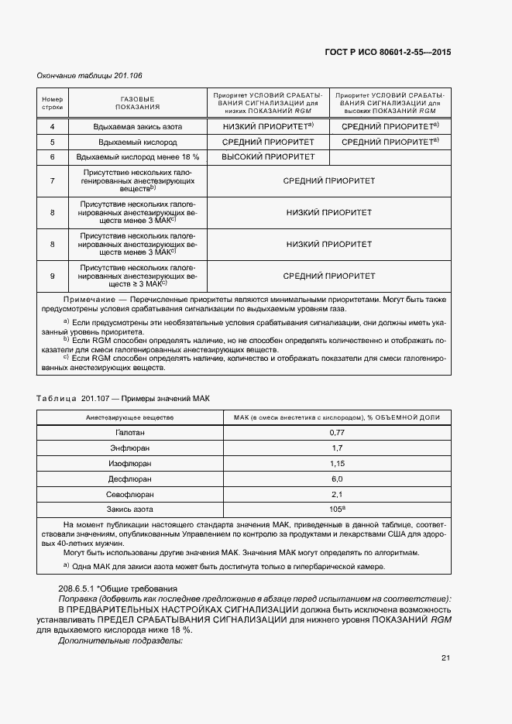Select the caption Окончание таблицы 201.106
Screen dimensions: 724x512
click(89, 75)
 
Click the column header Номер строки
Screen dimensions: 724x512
click(52, 103)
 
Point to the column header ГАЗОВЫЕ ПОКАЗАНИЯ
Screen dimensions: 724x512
click(138, 103)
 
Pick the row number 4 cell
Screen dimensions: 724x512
click(52, 126)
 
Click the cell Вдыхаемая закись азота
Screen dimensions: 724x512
click(138, 126)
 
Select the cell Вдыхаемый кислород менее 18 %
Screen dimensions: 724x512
click(138, 157)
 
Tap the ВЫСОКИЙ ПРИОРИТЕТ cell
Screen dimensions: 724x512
click(268, 157)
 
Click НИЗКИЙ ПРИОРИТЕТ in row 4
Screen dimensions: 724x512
click(266, 126)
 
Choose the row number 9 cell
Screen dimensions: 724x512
click(52, 276)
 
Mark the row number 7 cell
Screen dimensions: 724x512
click(52, 180)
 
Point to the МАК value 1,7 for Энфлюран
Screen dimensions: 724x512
click(336, 448)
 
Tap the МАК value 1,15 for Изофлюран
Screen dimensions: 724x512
click(336, 463)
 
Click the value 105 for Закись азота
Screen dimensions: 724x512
click(335, 510)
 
